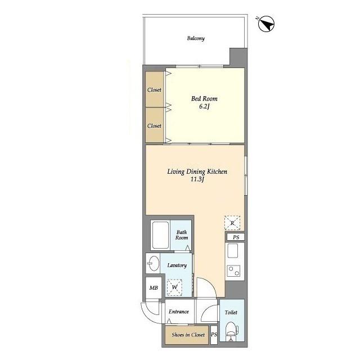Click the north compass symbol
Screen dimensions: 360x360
[266, 24]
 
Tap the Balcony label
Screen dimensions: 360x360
[196, 38]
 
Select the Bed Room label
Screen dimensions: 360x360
[204, 99]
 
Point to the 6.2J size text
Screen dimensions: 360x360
[204, 106]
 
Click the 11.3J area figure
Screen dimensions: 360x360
[197, 179]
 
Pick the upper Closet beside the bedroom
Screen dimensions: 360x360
[155, 89]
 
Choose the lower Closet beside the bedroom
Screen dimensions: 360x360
[155, 125]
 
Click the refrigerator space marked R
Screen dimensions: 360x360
[232, 223]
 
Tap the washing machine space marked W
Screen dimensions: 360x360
[174, 287]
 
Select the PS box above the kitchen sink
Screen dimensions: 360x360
[236, 237]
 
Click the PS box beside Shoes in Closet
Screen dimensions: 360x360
[214, 335]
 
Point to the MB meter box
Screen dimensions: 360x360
[154, 287]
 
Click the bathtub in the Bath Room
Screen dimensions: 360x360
[160, 235]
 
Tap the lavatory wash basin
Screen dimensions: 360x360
[154, 263]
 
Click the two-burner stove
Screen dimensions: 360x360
[234, 271]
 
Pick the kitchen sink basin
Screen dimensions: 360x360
[232, 251]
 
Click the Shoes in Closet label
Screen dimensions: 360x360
[188, 335]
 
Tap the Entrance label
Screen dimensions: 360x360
[179, 312]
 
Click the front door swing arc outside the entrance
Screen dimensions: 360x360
[147, 316]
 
